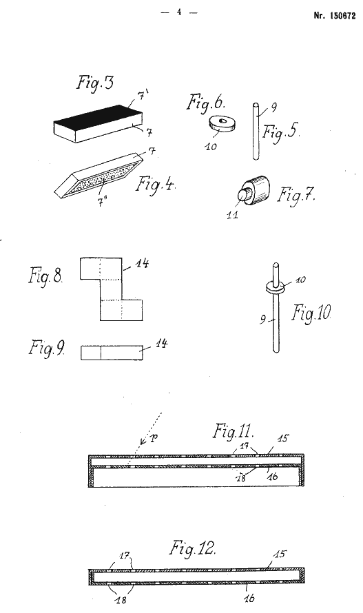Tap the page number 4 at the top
click(179, 12)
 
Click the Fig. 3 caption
click(95, 83)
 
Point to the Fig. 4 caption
click(155, 184)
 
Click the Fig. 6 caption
click(206, 103)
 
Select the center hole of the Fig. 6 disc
click(221, 121)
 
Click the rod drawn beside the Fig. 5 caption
click(256, 132)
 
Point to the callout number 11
click(232, 215)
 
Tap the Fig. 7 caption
click(296, 194)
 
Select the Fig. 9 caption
click(47, 348)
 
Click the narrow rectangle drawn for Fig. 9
click(112, 352)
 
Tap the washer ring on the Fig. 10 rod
click(276, 287)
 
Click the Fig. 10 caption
click(311, 313)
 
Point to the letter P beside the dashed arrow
click(154, 438)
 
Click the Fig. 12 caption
click(192, 548)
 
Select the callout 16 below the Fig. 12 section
click(249, 598)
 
